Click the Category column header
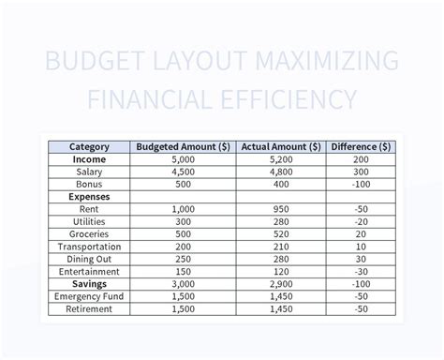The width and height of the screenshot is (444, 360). (x=90, y=146)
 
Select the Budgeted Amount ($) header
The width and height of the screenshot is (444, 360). (x=184, y=146)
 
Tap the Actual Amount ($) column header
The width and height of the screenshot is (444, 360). (x=281, y=146)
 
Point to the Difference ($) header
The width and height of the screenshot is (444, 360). (x=362, y=146)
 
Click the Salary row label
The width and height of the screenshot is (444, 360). (x=90, y=172)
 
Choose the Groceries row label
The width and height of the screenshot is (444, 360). (x=90, y=233)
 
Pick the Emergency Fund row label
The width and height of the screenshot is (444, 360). (x=90, y=295)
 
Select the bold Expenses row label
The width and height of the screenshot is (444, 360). (x=90, y=197)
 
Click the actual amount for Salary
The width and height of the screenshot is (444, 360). (x=281, y=172)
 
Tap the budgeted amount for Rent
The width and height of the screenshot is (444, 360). (x=184, y=209)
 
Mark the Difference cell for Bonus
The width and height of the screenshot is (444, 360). (x=362, y=184)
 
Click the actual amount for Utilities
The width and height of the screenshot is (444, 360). (x=281, y=221)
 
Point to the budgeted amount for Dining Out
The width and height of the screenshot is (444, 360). (x=184, y=259)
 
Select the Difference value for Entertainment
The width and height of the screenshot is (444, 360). (x=362, y=271)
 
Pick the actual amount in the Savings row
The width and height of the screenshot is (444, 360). (x=281, y=283)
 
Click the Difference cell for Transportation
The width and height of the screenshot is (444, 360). (x=362, y=246)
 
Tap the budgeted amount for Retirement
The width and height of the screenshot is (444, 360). (x=184, y=307)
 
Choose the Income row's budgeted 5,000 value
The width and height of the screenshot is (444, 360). (x=184, y=159)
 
